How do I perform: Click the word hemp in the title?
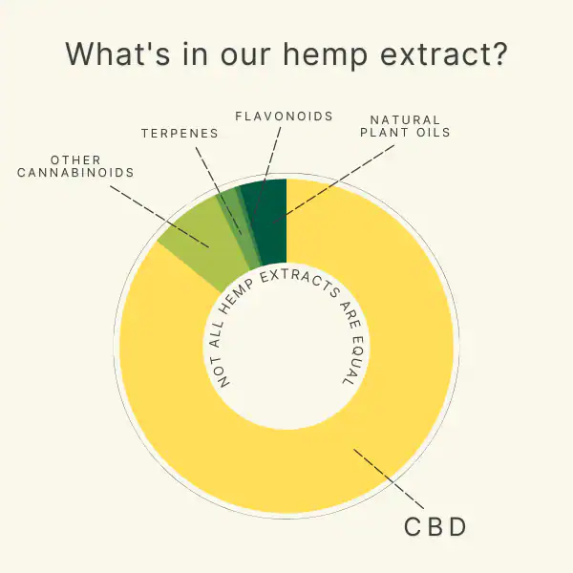click(x=325, y=54)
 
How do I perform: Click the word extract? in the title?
click(x=444, y=53)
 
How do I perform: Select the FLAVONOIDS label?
click(x=284, y=117)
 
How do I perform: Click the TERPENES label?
click(x=180, y=134)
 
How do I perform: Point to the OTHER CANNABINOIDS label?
click(x=75, y=166)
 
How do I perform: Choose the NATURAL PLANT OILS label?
click(x=405, y=126)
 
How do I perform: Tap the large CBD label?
click(x=435, y=527)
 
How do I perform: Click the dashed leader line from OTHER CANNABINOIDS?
click(x=159, y=217)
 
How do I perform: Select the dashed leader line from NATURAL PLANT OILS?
click(x=333, y=184)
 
